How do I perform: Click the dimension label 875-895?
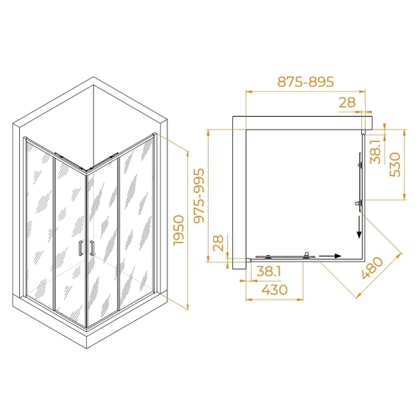[306, 81]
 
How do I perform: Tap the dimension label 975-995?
[199, 195]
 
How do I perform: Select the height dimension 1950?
[179, 230]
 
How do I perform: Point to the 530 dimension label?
[395, 165]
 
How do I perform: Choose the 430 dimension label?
[274, 289]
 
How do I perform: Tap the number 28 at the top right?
[348, 102]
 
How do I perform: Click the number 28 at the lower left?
[219, 242]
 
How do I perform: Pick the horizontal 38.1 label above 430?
[269, 271]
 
